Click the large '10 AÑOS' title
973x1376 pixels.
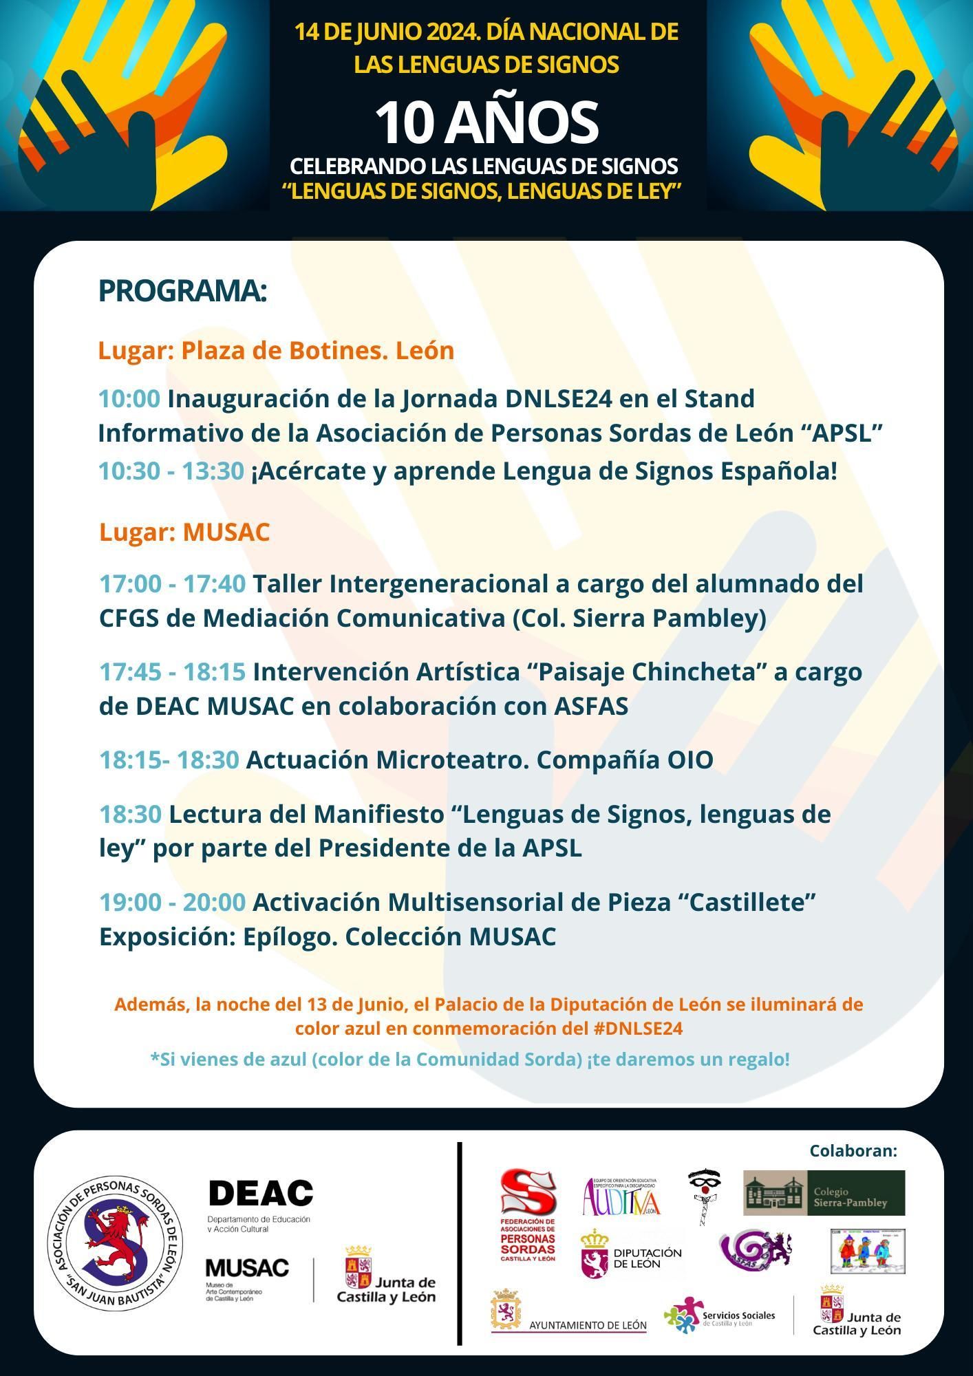coord(486,123)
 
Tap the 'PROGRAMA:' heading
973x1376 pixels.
coord(182,291)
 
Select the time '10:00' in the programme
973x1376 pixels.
coord(129,398)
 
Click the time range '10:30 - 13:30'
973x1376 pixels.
coord(171,471)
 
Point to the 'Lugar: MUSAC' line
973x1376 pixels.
coord(184,532)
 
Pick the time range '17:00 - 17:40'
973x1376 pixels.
coord(172,583)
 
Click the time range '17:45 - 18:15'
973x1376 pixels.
coord(172,671)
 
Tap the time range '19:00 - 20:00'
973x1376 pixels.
coord(172,901)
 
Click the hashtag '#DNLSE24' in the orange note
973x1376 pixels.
coord(637,1029)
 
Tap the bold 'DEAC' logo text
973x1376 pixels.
coord(260,1193)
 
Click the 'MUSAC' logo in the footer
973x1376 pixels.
coord(247,1268)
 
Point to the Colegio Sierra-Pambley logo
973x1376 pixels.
coord(824,1193)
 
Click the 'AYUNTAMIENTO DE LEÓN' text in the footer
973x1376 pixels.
coord(588,1325)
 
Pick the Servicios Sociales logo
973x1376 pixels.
coord(719,1315)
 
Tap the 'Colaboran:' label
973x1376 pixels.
coord(853,1151)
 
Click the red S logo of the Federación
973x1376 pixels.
coord(528,1192)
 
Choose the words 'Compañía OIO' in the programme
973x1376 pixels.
coord(624,760)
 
